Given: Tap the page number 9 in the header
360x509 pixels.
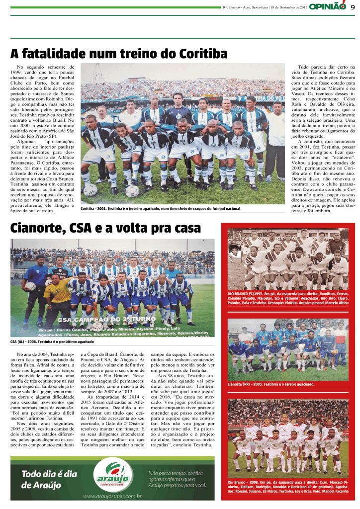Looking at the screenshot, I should click(x=352, y=6).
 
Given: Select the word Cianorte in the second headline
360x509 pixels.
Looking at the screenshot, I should click(x=35, y=228).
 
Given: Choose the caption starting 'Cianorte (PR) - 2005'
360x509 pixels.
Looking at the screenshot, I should click(x=271, y=384).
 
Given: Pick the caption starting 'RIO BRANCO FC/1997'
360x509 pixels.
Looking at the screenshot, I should click(x=288, y=299).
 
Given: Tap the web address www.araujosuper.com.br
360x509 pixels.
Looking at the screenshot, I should click(x=113, y=496).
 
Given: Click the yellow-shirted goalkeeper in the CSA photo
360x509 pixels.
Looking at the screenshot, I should click(x=58, y=293).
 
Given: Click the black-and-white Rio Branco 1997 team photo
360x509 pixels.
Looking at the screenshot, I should click(x=288, y=260).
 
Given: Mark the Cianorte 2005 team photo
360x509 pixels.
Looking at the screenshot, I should click(x=288, y=349).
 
